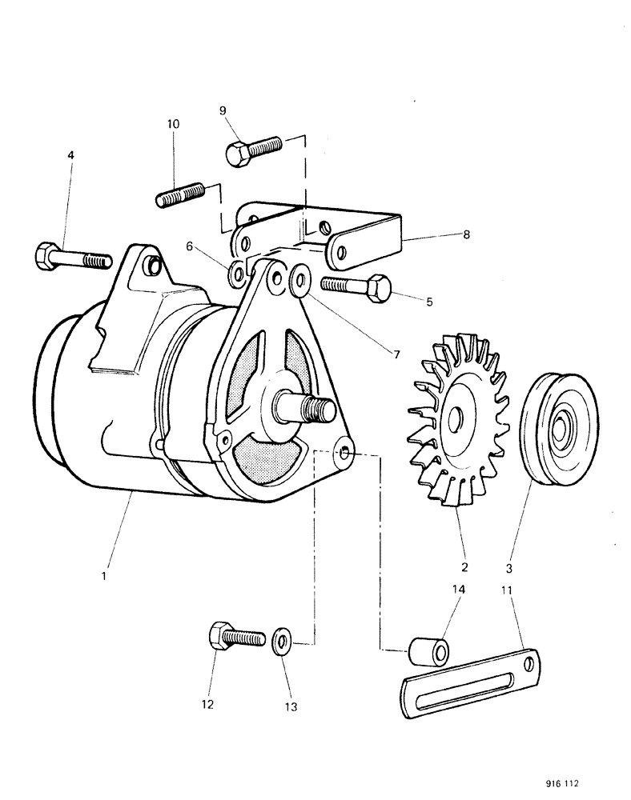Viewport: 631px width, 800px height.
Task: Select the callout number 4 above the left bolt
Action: click(x=71, y=154)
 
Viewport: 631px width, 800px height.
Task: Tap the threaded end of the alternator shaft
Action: click(x=323, y=409)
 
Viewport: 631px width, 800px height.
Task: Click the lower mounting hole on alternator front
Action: click(x=344, y=454)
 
